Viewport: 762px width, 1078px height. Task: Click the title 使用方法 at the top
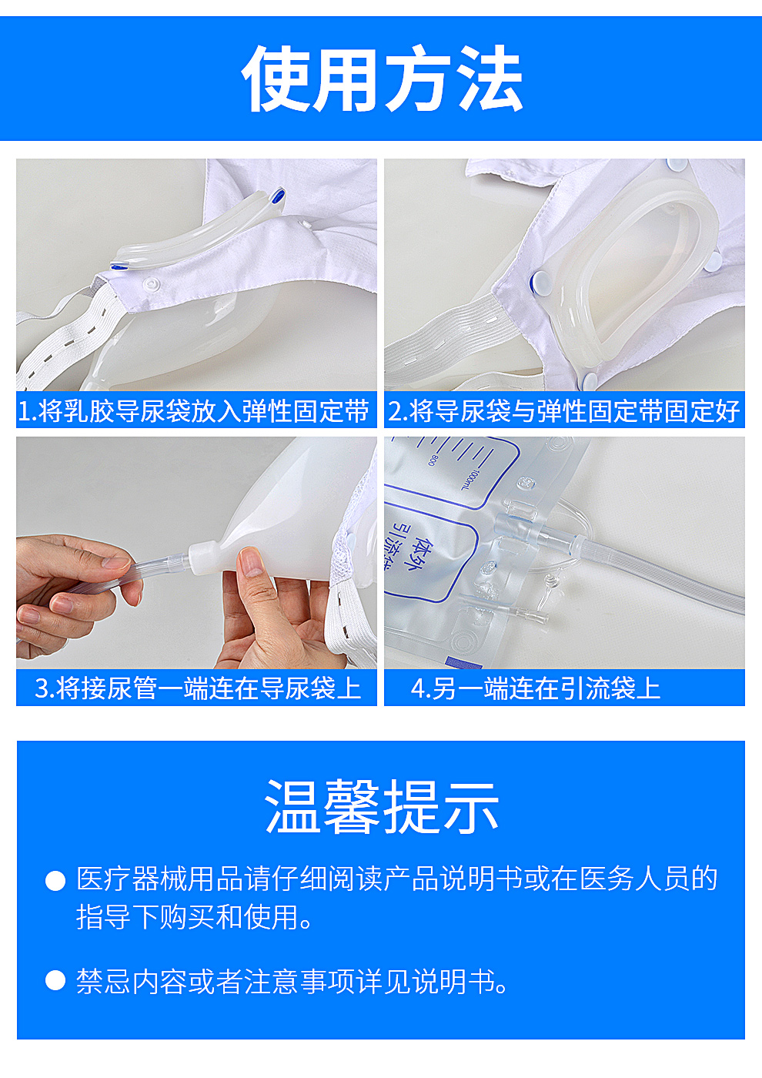tap(382, 79)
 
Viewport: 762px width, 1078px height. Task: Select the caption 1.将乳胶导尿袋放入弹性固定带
tap(194, 411)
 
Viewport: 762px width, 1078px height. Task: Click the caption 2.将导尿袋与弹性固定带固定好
tap(563, 411)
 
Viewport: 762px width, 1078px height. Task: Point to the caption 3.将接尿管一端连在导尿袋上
tap(198, 688)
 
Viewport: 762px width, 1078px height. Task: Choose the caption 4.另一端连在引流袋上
tap(536, 688)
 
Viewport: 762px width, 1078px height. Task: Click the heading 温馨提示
tap(382, 807)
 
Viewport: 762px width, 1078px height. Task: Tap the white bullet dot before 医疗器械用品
tap(55, 880)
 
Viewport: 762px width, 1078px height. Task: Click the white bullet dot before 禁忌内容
tap(55, 980)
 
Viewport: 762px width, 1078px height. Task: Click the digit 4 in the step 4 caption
tap(417, 688)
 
